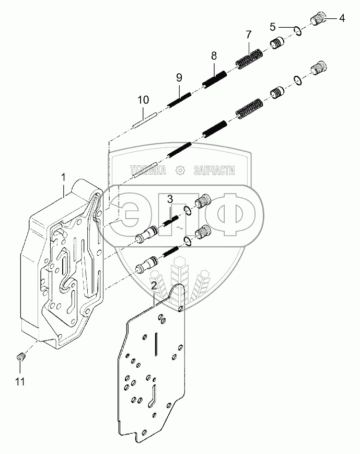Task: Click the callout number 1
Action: click(x=63, y=178)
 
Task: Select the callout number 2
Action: click(x=154, y=286)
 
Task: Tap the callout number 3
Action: click(x=170, y=199)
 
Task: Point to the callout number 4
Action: click(x=342, y=18)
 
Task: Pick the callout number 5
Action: click(x=273, y=26)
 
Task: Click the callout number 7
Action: click(x=249, y=35)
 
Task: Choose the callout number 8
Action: click(x=214, y=55)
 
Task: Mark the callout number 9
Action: click(x=179, y=77)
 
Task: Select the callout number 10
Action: click(x=143, y=99)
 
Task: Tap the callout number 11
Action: click(x=19, y=382)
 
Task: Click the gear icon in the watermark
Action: click(x=180, y=170)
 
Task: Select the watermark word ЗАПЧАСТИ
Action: click(x=214, y=170)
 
